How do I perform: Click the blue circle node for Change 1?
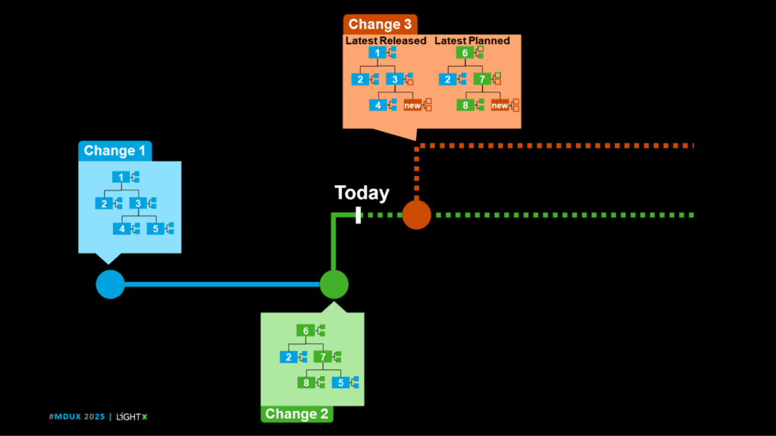click(x=110, y=284)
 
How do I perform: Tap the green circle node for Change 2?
click(x=333, y=284)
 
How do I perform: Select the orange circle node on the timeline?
click(x=416, y=215)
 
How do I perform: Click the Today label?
click(x=362, y=193)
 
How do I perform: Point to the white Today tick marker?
click(x=358, y=215)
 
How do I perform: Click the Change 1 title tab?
click(x=114, y=150)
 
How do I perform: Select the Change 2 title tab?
click(x=297, y=414)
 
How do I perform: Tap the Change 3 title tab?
click(x=380, y=24)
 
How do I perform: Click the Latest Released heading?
click(x=386, y=40)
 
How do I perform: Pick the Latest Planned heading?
click(x=472, y=40)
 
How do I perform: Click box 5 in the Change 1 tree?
click(x=155, y=228)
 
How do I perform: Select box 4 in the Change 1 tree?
click(x=121, y=228)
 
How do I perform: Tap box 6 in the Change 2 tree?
click(x=305, y=331)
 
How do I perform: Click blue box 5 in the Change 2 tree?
click(x=340, y=383)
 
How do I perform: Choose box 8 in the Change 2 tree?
click(x=306, y=383)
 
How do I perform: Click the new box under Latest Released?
click(x=412, y=105)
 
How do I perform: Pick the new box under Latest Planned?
click(x=500, y=105)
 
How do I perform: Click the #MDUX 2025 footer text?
click(x=77, y=417)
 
